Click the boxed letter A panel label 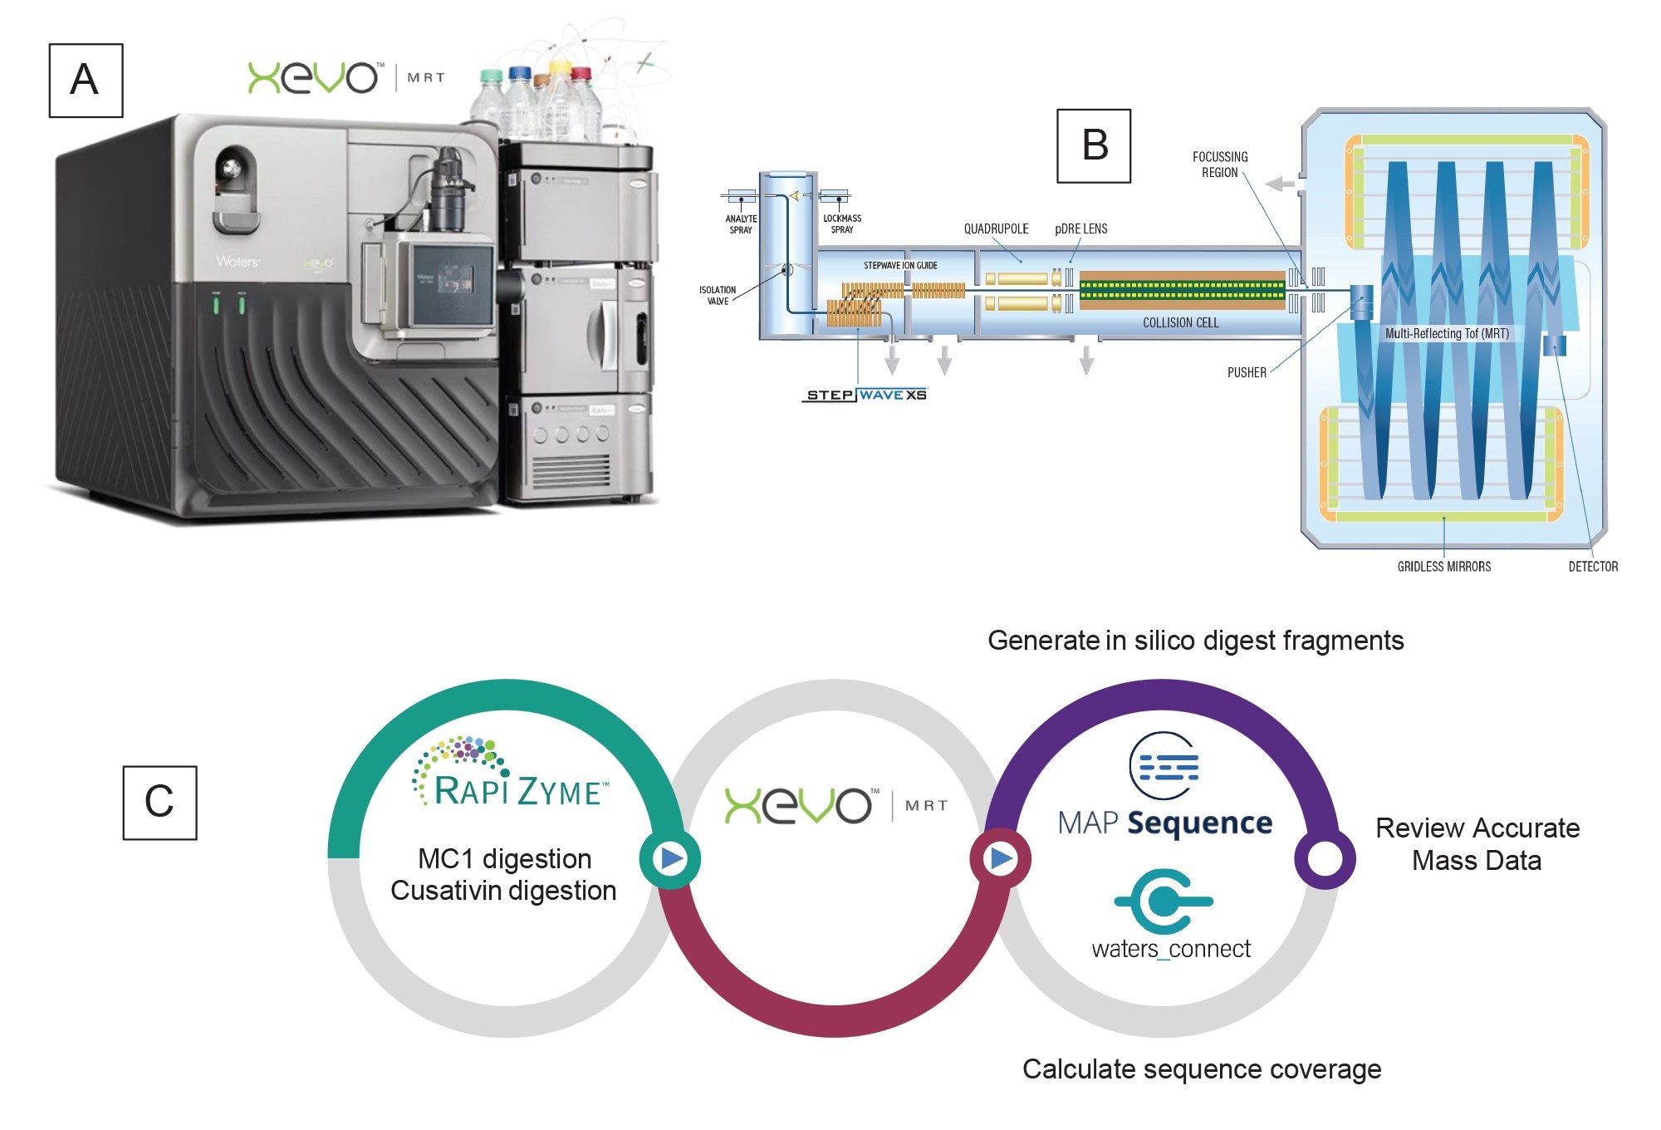point(86,81)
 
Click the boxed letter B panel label point(1093,145)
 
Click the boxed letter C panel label point(159,803)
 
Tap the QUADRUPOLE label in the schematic point(996,228)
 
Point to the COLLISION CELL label point(1180,322)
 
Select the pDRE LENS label point(1080,228)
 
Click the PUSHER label point(1247,372)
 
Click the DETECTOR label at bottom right point(1592,567)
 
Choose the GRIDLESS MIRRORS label point(1443,567)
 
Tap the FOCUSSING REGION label point(1219,165)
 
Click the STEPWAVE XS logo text point(866,395)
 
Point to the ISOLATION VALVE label point(717,295)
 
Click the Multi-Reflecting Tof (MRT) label point(1447,333)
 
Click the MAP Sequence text point(1164,823)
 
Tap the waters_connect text point(1170,949)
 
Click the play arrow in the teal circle point(669,857)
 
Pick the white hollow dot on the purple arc point(1324,858)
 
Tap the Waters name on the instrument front point(238,262)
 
